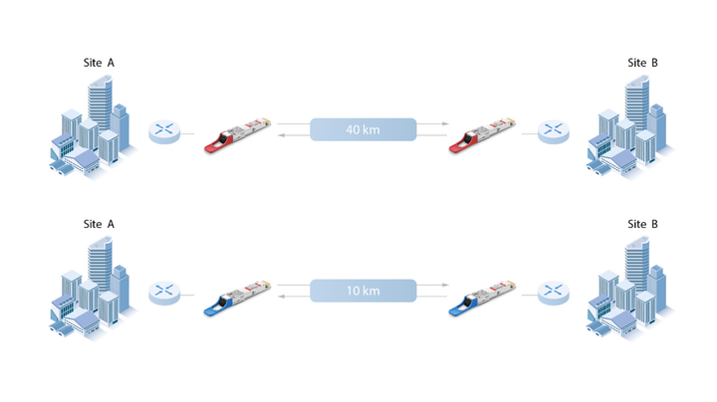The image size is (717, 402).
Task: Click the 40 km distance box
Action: pyautogui.click(x=362, y=129)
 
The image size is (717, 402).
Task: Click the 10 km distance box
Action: pyautogui.click(x=362, y=291)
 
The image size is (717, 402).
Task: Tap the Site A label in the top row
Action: pyautogui.click(x=99, y=63)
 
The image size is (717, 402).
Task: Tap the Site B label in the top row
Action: pyautogui.click(x=642, y=63)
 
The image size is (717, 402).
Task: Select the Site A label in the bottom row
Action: pyautogui.click(x=99, y=224)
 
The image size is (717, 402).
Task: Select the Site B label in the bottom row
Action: pyautogui.click(x=642, y=224)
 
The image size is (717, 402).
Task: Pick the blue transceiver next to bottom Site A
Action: pyautogui.click(x=235, y=296)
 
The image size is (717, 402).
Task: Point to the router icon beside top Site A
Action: pyautogui.click(x=164, y=131)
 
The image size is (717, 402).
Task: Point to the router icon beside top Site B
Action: pyautogui.click(x=553, y=131)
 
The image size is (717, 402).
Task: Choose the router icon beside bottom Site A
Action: pyautogui.click(x=164, y=293)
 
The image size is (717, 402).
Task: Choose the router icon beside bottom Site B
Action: pyautogui.click(x=553, y=293)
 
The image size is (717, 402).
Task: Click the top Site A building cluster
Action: pyautogui.click(x=91, y=126)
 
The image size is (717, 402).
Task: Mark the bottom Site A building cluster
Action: pyautogui.click(x=91, y=288)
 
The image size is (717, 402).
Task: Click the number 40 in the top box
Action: pyautogui.click(x=353, y=129)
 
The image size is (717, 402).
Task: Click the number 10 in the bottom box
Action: pyautogui.click(x=353, y=291)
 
